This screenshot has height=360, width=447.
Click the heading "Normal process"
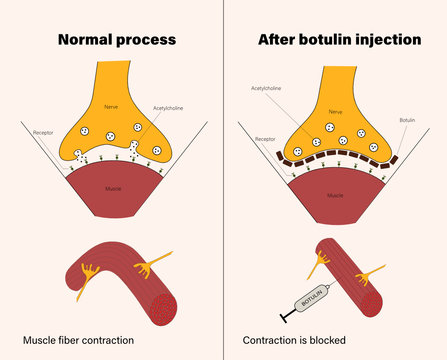[x=117, y=40]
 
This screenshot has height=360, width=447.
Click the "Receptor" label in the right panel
[x=265, y=139]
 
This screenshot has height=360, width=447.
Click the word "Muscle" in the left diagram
[x=113, y=185]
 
